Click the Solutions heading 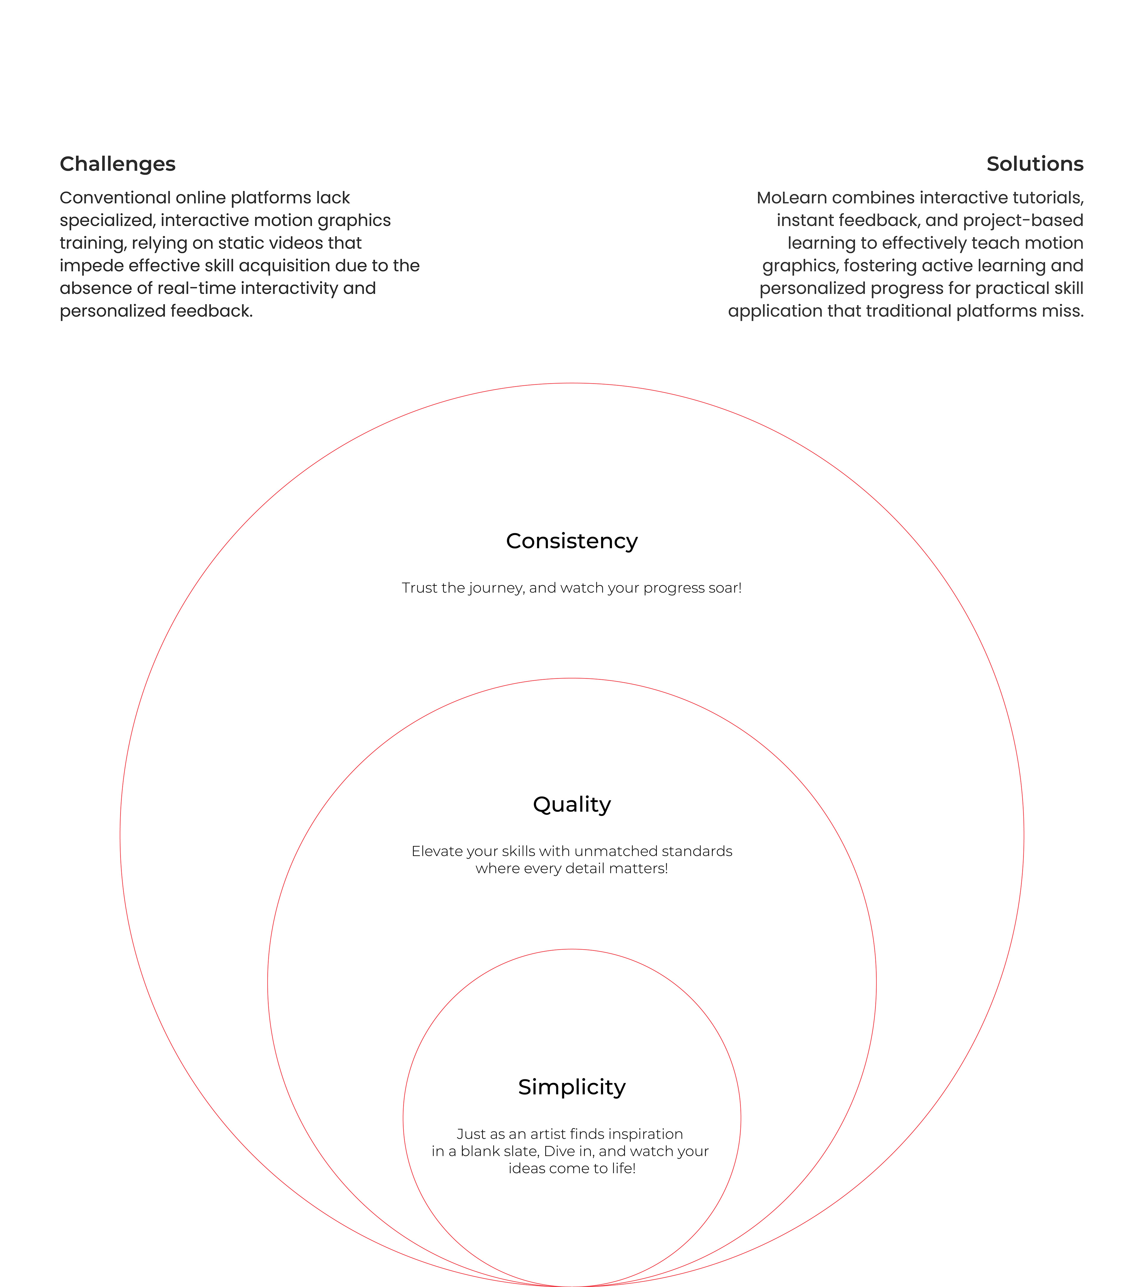click(1034, 164)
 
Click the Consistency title click(572, 541)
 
